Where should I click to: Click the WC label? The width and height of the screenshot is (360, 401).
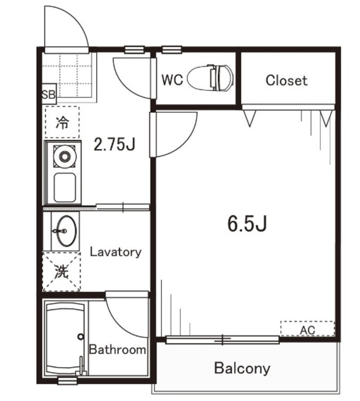point(172,80)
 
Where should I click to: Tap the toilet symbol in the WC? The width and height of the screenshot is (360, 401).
point(210,78)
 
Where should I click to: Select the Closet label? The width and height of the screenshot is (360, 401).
point(286,81)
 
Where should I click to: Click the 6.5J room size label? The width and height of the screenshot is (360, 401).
point(247,223)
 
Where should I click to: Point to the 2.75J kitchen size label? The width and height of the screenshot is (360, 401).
point(115,144)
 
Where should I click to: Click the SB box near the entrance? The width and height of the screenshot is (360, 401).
point(49,94)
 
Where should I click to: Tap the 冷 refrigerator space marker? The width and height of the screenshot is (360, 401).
point(63,122)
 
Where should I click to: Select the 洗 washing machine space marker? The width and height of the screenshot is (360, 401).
point(61,271)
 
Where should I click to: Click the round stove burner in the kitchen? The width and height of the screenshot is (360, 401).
point(64,157)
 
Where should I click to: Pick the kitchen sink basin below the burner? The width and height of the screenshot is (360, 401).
point(65,187)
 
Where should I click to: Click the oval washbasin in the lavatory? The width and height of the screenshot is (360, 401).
point(66,231)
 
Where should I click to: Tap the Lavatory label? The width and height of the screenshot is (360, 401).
point(115,252)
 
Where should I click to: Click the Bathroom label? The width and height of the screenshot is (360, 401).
point(117,350)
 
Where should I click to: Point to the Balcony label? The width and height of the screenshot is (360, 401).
point(242,368)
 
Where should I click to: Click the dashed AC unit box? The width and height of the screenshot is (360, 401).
point(307,328)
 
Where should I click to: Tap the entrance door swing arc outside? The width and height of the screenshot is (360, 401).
point(76,18)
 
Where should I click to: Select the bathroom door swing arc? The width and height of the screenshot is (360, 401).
point(119,324)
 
